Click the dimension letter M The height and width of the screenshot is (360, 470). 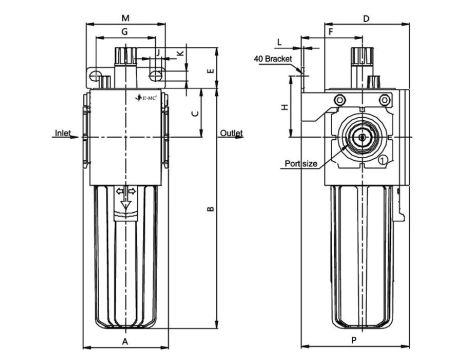[124, 18]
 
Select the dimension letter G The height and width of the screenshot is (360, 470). [124, 32]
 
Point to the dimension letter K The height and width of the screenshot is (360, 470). [180, 52]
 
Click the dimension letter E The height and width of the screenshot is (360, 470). [210, 72]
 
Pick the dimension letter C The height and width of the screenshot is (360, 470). [196, 113]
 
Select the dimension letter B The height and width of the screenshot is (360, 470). [209, 209]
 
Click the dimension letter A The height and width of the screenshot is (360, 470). [124, 341]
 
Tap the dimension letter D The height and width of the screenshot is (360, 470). [367, 18]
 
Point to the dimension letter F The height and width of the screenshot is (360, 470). [331, 32]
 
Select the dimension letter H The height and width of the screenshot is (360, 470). [285, 107]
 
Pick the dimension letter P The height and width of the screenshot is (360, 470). [355, 341]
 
